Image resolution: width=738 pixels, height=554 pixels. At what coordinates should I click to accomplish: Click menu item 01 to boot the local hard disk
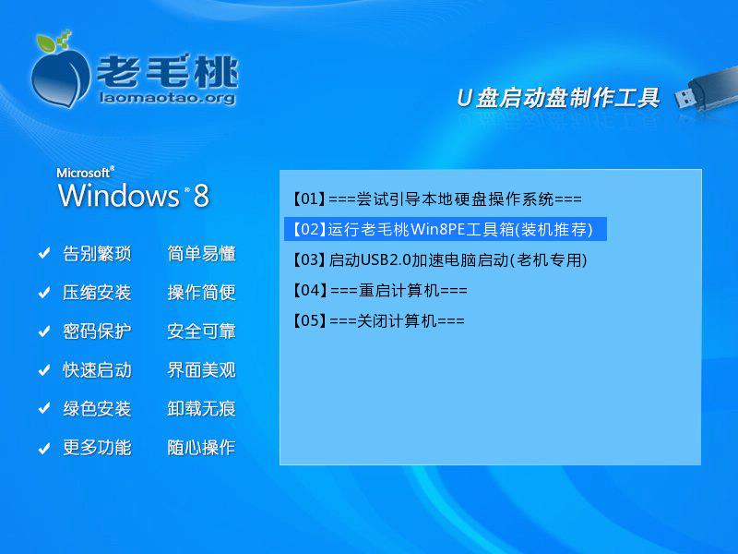436,199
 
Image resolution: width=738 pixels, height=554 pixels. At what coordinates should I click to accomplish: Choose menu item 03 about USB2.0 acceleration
438,260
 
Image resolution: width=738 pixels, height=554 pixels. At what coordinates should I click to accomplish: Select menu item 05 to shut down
378,321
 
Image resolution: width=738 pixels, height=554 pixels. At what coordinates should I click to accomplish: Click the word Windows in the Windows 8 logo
118,195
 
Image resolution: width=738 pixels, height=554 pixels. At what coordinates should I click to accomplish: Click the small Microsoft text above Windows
84,172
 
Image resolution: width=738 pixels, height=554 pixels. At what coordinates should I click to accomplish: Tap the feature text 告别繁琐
97,254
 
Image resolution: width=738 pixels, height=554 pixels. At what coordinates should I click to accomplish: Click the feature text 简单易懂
201,254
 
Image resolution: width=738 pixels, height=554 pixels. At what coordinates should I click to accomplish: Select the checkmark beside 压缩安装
43,293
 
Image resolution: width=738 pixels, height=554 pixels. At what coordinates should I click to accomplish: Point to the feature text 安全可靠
201,331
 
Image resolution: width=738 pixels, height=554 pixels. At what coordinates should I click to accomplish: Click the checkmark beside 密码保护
43,331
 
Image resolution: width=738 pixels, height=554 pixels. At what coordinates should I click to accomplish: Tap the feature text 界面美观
201,370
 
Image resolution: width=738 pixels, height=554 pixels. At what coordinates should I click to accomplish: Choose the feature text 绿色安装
97,409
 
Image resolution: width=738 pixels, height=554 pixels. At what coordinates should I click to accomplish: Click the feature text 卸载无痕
201,409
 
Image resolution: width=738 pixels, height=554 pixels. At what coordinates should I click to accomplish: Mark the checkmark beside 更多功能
43,449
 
